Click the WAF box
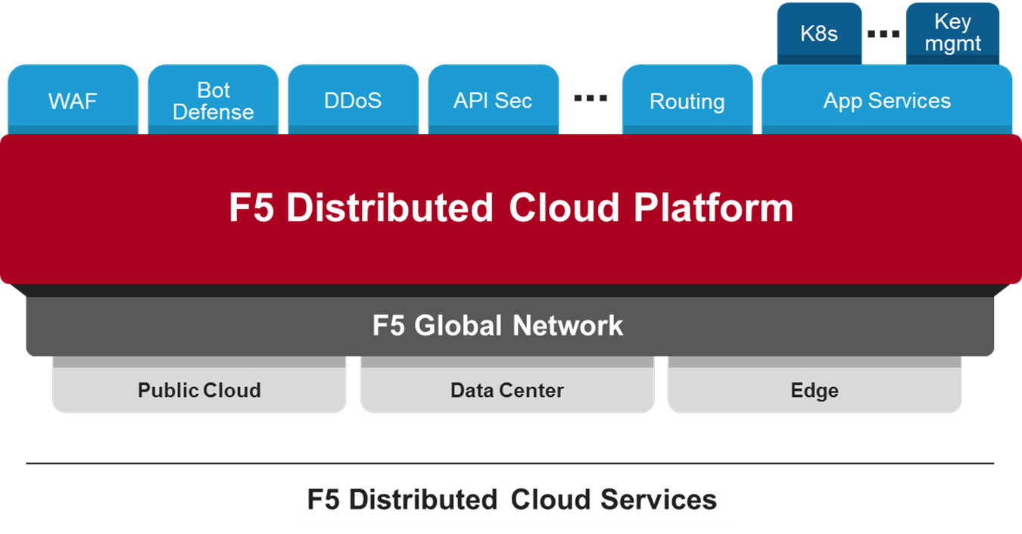coord(73,101)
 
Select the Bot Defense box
coord(213,101)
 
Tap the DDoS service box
coord(353,101)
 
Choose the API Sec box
coord(493,101)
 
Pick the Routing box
coord(687,101)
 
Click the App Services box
coord(886,101)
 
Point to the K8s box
coord(819,33)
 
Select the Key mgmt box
coord(952,33)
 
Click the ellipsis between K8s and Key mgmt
coord(883,34)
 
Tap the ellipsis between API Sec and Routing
coord(590,98)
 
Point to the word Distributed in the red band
coord(390,208)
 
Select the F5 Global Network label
coord(497,326)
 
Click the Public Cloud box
coord(199,391)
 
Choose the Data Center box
coord(506,391)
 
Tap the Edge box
coord(815,391)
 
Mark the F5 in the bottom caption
coord(323,500)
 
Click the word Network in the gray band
coord(568,326)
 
